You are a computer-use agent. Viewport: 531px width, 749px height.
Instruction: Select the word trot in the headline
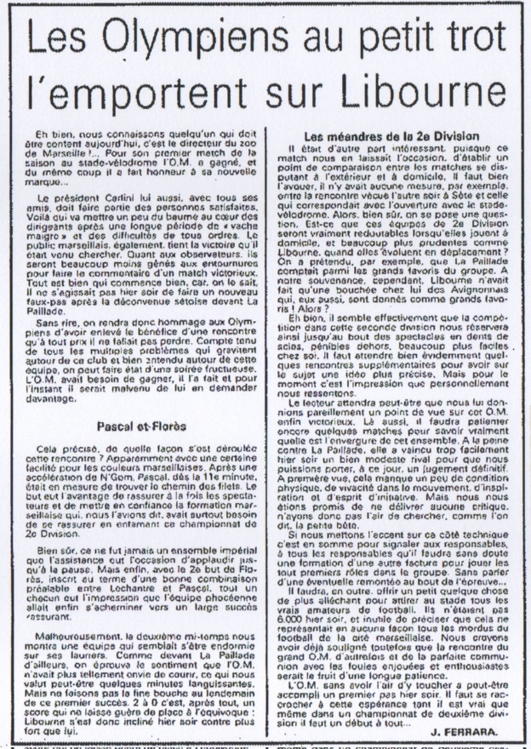pyautogui.click(x=460, y=39)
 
